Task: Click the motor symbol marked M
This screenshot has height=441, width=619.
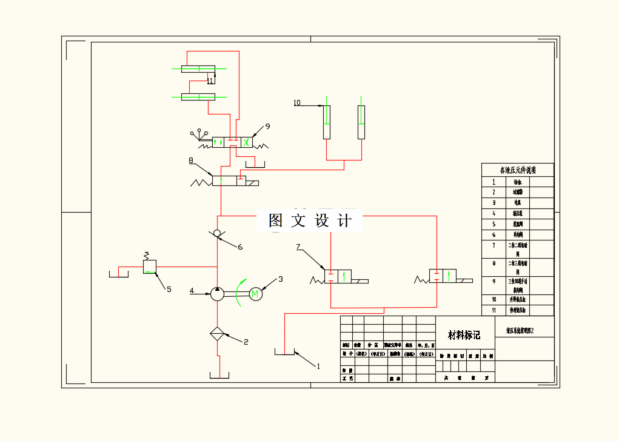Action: point(255,294)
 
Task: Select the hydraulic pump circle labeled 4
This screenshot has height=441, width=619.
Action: point(216,294)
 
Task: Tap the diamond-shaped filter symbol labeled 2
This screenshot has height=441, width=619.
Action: point(217,333)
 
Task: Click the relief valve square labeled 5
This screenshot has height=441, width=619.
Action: point(150,267)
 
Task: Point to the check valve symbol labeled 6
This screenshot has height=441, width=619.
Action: point(217,234)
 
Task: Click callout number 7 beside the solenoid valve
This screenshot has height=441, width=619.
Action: point(298,247)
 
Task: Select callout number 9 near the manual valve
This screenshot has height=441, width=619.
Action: point(267,126)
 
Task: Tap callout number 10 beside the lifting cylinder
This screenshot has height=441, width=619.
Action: point(297,103)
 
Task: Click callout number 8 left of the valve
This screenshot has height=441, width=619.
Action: point(191,161)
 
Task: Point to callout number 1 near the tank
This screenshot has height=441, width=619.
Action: point(318,366)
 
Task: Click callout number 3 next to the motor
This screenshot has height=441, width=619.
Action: point(281,279)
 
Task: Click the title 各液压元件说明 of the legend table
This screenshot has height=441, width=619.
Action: point(518,170)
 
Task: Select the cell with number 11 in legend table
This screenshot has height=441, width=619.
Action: point(494,310)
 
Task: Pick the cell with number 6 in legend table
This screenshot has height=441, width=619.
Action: point(494,234)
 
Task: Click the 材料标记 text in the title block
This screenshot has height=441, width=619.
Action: point(464,335)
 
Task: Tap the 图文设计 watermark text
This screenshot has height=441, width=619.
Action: point(310,221)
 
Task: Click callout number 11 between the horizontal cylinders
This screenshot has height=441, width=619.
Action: point(210,81)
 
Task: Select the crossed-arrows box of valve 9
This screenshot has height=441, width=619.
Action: point(246,142)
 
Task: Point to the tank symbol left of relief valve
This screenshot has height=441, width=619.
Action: point(118,274)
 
